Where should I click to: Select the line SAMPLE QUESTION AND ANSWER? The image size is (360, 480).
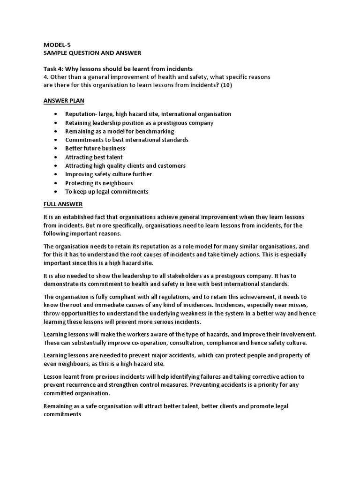[x=92, y=53]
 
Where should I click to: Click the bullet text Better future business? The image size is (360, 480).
[x=95, y=149]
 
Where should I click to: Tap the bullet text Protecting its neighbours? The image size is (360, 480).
[x=99, y=183]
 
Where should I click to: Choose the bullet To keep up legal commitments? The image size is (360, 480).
[x=107, y=192]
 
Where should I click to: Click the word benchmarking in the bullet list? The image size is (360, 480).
[x=154, y=131]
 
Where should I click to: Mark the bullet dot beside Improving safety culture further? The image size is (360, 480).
[x=56, y=174]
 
